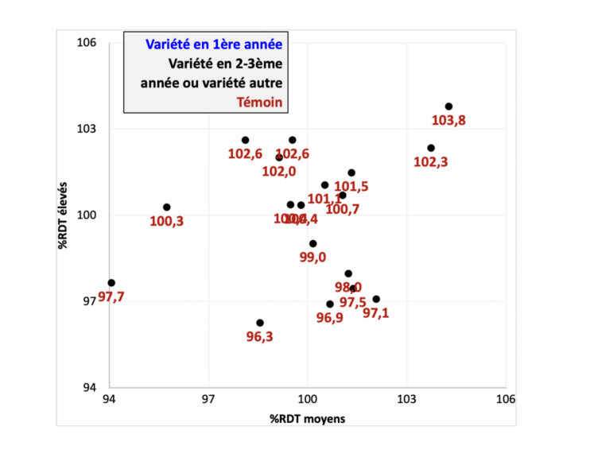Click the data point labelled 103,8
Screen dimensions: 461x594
pyautogui.click(x=448, y=107)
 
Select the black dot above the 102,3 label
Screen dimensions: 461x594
pyautogui.click(x=431, y=148)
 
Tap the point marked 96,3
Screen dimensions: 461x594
pyautogui.click(x=260, y=323)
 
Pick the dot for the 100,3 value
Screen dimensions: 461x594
pyautogui.click(x=167, y=207)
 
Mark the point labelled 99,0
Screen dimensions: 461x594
pyautogui.click(x=313, y=243)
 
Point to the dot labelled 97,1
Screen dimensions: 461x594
pyautogui.click(x=376, y=299)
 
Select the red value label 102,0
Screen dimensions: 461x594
pyautogui.click(x=279, y=170)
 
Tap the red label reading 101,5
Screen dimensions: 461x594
pyautogui.click(x=351, y=186)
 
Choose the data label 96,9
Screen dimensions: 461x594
pyautogui.click(x=329, y=318)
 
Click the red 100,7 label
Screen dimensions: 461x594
pyautogui.click(x=343, y=209)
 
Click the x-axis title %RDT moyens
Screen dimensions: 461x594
pyautogui.click(x=308, y=418)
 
